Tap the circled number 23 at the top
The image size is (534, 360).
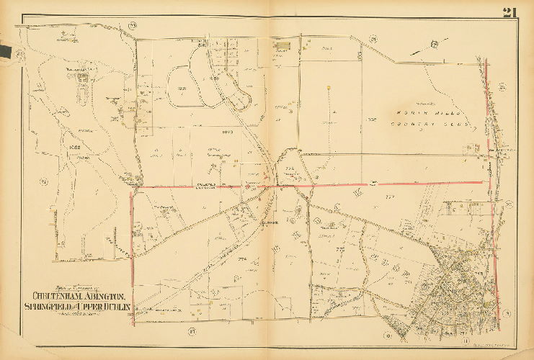(x=132, y=27)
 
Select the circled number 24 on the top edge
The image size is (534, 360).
(x=373, y=38)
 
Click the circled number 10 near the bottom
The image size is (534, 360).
(x=388, y=335)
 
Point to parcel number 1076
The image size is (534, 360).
(x=373, y=120)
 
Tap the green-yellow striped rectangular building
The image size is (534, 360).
(x=283, y=49)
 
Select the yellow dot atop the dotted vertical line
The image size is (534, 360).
(x=329, y=88)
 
